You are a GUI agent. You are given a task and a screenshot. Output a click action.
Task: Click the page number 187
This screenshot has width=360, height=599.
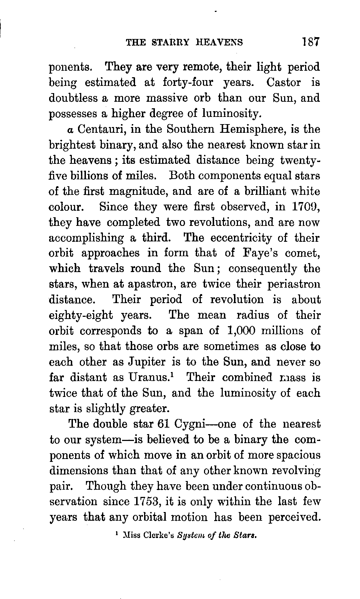click(x=311, y=42)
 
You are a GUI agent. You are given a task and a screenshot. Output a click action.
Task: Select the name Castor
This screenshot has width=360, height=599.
click(x=283, y=82)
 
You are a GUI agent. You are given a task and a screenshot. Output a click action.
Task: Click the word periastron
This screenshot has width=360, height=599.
click(x=294, y=284)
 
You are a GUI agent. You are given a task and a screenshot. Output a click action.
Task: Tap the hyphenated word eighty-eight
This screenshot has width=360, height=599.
click(x=81, y=315)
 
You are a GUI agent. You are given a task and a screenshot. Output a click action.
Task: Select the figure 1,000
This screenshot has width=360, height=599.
click(x=242, y=331)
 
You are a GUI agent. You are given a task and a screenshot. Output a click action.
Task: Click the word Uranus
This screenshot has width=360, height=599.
click(x=149, y=377)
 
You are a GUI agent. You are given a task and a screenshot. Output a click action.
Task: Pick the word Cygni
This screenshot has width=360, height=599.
click(x=190, y=424)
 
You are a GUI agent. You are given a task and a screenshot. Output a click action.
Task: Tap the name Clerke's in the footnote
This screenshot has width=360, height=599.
click(x=158, y=535)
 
